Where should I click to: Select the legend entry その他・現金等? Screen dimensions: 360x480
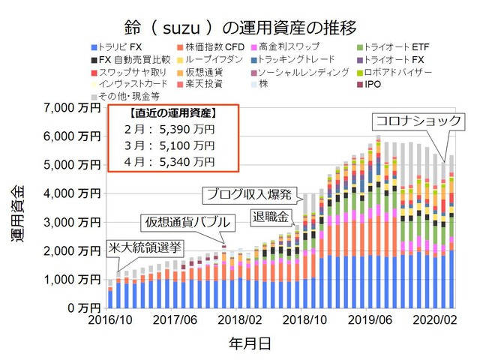point(124,96)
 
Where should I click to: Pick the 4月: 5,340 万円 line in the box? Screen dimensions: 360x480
point(169,161)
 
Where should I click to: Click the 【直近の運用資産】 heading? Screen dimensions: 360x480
point(172,114)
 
